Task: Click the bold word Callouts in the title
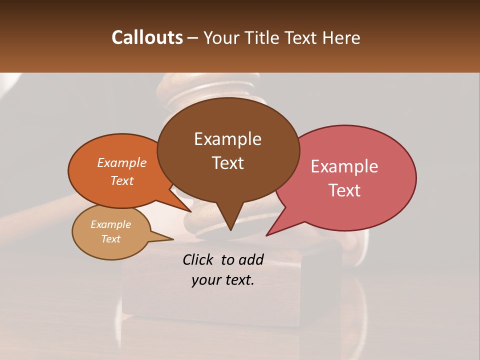[147, 37]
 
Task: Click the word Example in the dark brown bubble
[227, 139]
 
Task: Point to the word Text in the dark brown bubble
[227, 163]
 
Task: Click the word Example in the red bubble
[344, 166]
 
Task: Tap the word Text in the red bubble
[344, 190]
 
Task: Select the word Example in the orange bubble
[122, 162]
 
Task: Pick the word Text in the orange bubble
[122, 180]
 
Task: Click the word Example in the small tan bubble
[110, 224]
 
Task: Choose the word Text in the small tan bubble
[110, 239]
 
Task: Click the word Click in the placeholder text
[199, 259]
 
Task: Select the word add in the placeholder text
[251, 259]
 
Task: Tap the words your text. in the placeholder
[223, 280]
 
